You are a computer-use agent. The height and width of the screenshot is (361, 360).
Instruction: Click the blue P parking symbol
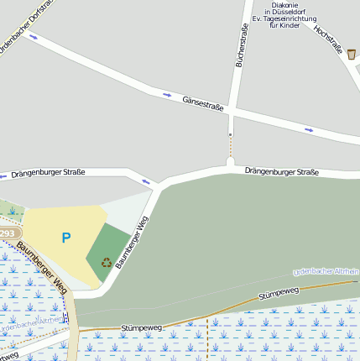(x=65, y=238)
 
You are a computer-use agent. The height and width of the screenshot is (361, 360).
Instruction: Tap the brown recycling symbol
(x=107, y=262)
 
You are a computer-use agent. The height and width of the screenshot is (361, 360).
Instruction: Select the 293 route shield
(x=8, y=233)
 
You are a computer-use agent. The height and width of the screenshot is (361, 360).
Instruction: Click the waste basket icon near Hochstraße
(x=351, y=53)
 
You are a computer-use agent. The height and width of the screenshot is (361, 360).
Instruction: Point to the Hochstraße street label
(x=327, y=39)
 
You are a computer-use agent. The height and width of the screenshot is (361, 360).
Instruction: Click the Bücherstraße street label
(x=242, y=45)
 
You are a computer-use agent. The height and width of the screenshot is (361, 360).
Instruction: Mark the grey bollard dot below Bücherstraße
(x=230, y=133)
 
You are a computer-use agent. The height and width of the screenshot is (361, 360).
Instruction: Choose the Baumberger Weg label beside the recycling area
(x=132, y=243)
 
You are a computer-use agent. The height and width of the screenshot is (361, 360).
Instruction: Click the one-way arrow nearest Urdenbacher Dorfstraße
(x=34, y=37)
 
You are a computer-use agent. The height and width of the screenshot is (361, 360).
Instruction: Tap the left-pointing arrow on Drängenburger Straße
(x=147, y=180)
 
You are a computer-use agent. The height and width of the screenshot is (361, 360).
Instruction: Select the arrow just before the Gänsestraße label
(x=166, y=95)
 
